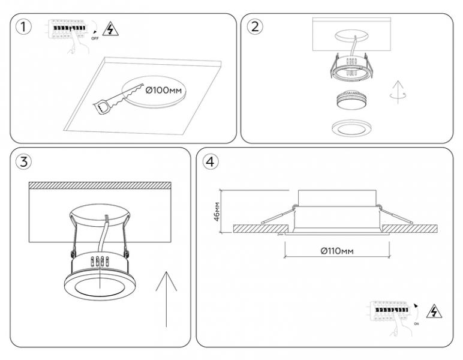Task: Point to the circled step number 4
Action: tap(209, 161)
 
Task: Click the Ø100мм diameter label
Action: tap(163, 91)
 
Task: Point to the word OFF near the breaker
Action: tap(94, 37)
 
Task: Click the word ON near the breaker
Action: tap(416, 323)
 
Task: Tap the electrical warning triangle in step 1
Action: tap(110, 28)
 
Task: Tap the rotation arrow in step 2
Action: tap(393, 92)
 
